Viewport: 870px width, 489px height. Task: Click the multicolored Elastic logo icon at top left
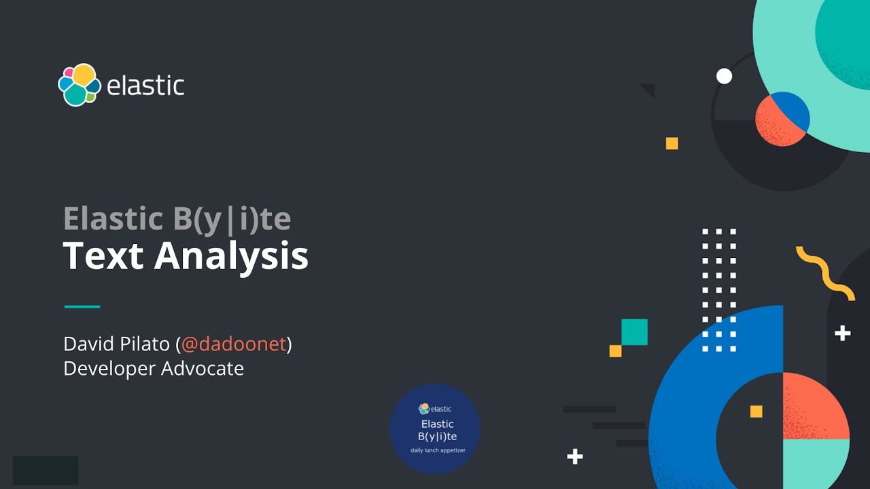tap(79, 85)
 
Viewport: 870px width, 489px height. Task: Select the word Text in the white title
tap(103, 256)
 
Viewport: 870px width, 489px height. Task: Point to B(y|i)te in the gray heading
tap(228, 219)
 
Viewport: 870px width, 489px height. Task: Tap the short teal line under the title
tap(82, 306)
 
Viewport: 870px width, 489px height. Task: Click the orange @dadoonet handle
tap(234, 344)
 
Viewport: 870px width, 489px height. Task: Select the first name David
tap(86, 344)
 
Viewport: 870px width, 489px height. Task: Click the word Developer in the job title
tap(109, 368)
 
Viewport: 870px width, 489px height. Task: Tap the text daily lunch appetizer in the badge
tap(438, 450)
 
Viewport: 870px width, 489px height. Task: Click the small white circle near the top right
tap(725, 76)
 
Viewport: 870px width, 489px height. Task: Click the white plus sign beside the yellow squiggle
tap(843, 333)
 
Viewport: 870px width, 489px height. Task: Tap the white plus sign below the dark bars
tap(575, 456)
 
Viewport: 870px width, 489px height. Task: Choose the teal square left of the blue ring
tap(634, 332)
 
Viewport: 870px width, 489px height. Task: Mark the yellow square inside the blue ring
tap(756, 412)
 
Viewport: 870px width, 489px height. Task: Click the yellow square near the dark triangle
tap(672, 143)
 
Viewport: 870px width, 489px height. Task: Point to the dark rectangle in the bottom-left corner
tap(46, 470)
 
